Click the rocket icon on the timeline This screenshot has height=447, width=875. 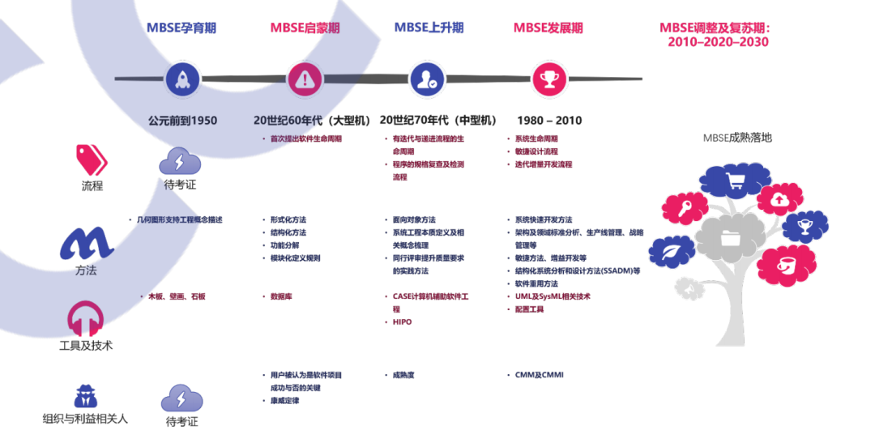182,79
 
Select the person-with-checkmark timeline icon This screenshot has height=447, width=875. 426,79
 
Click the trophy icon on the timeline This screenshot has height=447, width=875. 548,79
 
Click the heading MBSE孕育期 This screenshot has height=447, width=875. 181,28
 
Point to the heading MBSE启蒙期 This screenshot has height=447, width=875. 305,28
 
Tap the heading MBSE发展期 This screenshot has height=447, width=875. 548,28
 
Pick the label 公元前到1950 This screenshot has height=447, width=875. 182,121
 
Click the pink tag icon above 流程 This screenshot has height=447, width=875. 92,158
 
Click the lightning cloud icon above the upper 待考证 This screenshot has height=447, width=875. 180,160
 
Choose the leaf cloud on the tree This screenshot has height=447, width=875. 671,254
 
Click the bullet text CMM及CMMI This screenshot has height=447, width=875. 539,375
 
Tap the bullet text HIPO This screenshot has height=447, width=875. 402,321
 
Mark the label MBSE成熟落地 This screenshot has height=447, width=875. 737,138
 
